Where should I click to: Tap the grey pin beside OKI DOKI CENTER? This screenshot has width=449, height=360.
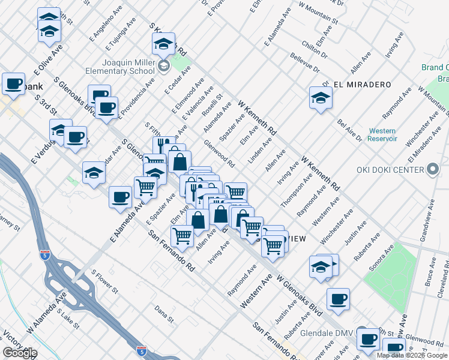[432, 170]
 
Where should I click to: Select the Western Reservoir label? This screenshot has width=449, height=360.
[382, 134]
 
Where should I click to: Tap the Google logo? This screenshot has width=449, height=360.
[20, 353]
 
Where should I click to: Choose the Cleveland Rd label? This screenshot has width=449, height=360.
[440, 281]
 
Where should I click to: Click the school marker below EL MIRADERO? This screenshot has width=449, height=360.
[321, 98]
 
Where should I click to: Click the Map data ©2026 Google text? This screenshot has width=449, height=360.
[412, 355]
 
